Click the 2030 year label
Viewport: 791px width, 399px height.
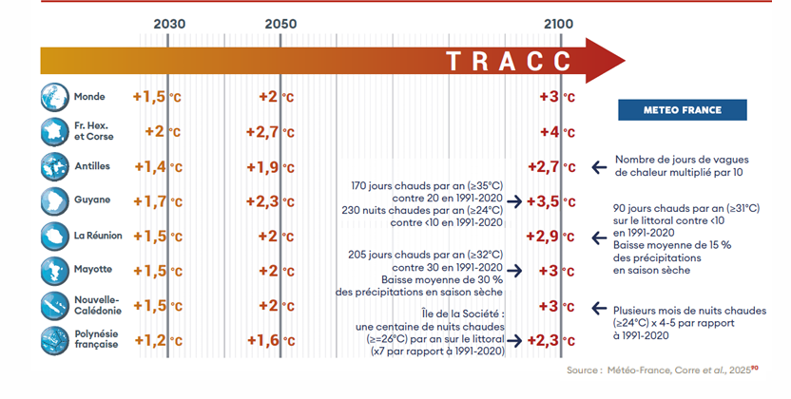tap(169, 24)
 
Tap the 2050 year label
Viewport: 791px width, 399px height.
tap(280, 24)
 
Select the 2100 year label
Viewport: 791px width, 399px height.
tap(558, 24)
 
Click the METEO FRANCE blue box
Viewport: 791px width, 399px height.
tap(682, 110)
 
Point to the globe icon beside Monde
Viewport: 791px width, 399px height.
tap(54, 97)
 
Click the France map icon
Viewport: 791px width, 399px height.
tap(54, 131)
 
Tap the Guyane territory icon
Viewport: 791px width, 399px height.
tap(54, 201)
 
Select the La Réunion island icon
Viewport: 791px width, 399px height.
tap(54, 236)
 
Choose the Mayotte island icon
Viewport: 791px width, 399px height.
tap(54, 271)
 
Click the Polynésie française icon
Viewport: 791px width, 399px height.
tap(54, 340)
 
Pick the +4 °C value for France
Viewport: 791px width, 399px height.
tap(557, 132)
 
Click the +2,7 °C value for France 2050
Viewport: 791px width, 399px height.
tap(270, 132)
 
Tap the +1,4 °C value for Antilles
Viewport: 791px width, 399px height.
tap(158, 167)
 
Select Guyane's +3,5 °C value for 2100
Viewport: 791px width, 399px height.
tap(550, 201)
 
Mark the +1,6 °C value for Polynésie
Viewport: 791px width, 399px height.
tap(270, 340)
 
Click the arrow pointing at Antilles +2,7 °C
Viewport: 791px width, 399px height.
tap(599, 167)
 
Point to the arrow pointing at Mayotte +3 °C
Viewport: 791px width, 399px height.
tap(514, 271)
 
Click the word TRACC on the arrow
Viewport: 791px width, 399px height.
tap(509, 61)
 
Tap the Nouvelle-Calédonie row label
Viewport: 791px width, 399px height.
tap(98, 305)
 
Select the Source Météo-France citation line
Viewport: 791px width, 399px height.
tap(663, 370)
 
